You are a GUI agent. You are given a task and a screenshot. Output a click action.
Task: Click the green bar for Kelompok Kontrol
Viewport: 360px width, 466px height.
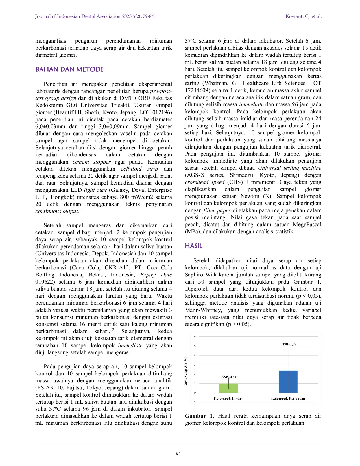coord(228,388)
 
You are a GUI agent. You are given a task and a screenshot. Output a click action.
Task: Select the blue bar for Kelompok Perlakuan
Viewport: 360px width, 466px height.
coord(288,382)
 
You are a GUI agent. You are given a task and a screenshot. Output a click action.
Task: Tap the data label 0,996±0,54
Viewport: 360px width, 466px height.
coord(228,377)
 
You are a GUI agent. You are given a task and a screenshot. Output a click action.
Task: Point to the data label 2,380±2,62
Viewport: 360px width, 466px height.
coord(288,344)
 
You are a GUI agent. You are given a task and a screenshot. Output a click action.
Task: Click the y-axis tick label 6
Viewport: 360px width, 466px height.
coord(195,336)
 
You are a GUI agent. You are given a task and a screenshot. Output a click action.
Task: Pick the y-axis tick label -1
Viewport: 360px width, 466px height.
coord(194,402)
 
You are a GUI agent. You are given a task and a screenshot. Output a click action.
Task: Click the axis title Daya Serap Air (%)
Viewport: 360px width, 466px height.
coord(186,371)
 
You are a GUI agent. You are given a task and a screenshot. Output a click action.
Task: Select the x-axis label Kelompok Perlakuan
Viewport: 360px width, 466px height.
coord(288,399)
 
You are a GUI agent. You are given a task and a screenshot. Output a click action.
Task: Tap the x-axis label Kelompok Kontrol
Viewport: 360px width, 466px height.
coord(229,399)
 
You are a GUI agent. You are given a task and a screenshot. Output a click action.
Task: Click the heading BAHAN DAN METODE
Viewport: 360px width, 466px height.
coord(69,69)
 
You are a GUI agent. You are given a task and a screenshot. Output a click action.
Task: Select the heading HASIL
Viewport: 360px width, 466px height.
coord(194,246)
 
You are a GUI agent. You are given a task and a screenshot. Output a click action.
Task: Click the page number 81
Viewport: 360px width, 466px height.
coord(178,454)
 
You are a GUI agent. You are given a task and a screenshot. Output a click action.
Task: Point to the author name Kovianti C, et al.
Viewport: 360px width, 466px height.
coord(304,16)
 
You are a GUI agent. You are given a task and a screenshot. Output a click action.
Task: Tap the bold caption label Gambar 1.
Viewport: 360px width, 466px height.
coord(199,416)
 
